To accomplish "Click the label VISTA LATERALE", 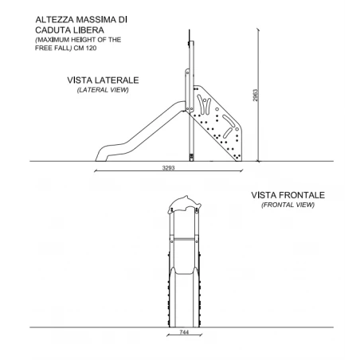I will click(103, 81).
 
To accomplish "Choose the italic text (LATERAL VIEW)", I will click(103, 91).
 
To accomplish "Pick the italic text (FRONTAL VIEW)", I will click(288, 205).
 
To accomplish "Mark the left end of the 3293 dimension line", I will click(95, 171).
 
